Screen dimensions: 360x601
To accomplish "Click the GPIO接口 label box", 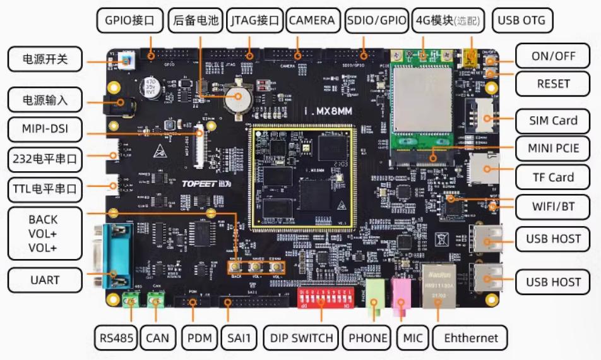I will pos(130,20).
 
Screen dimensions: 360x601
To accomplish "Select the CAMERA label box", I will pos(311,20).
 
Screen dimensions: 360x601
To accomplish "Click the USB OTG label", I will pos(521,20).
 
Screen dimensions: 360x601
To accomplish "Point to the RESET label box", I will pos(553,83).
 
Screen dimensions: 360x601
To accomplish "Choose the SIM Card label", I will pos(553,120).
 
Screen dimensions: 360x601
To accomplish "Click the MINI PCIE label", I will pos(553,149).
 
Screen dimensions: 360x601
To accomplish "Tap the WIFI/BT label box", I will pos(553,206).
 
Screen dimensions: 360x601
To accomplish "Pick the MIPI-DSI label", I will pos(45,131).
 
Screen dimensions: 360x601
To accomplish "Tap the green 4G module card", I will pos(422,101).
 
